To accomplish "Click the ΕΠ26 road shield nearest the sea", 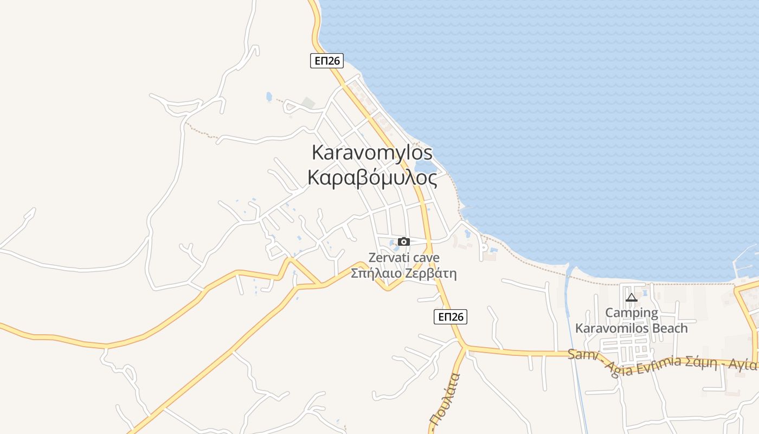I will coord(327,61).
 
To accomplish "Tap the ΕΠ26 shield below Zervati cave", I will coord(450,317).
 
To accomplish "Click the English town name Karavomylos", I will coord(372,152).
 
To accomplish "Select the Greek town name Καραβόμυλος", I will coord(372,177).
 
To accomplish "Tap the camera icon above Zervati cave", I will coord(403,241).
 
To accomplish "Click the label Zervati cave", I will coord(403,258).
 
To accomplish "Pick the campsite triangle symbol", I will coord(631,297).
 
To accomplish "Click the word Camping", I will coord(631,313).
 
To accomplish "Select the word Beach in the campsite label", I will coord(669,328).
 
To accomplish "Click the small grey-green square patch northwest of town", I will coord(308,103).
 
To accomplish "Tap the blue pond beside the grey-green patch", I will coord(269,97).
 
